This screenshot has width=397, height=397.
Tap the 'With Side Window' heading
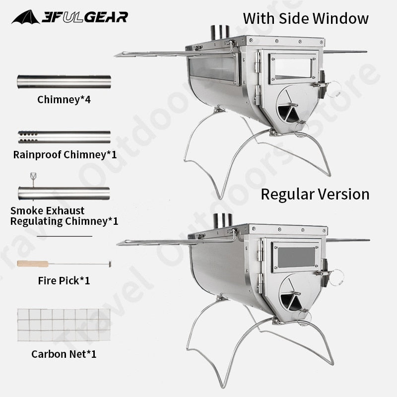coord(306,19)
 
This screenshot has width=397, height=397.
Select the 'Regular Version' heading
coord(315,194)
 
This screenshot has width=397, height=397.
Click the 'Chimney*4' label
coord(64,99)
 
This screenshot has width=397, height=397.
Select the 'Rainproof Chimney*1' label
coord(65,154)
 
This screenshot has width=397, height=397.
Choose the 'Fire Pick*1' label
coord(64,281)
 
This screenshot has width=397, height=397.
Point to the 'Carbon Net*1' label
coord(64,354)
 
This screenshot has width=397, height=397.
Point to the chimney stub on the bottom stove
coord(221,221)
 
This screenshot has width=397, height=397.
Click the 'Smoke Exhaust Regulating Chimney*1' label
coord(64,216)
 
